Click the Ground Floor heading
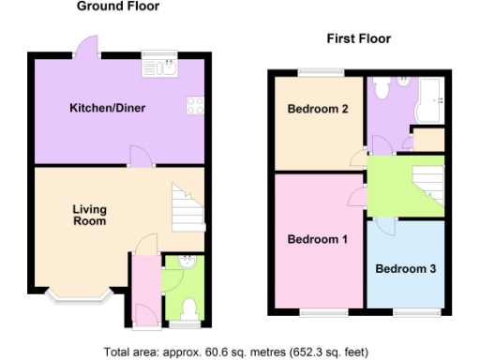pyautogui.click(x=118, y=7)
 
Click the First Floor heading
pyautogui.click(x=359, y=38)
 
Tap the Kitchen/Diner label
pyautogui.click(x=108, y=108)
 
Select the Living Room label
pyautogui.click(x=90, y=216)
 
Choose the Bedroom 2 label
pyautogui.click(x=318, y=110)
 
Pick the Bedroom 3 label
pyautogui.click(x=405, y=269)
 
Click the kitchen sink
pyautogui.click(x=159, y=66)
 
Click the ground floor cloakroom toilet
pyautogui.click(x=187, y=307)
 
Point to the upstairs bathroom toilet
pyautogui.click(x=381, y=88)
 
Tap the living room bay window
pyautogui.click(x=80, y=297)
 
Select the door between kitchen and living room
pyautogui.click(x=139, y=159)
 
